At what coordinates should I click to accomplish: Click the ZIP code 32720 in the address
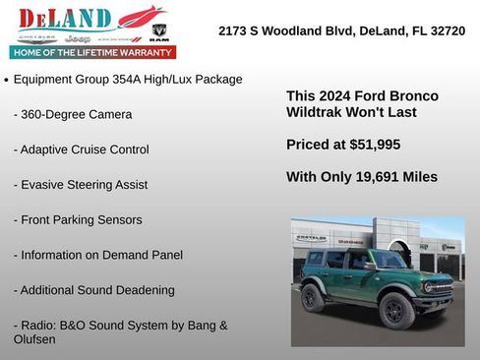point(444,31)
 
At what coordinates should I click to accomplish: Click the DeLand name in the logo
point(64,18)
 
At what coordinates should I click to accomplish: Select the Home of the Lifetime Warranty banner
point(92,52)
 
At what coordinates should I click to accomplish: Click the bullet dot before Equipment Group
point(8,80)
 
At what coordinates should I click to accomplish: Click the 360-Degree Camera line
point(73,114)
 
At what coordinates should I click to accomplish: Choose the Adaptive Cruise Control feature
point(82,150)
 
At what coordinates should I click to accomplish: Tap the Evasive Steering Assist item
point(81,184)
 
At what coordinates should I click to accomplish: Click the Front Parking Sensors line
point(78,219)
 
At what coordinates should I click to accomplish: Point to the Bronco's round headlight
point(430,286)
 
